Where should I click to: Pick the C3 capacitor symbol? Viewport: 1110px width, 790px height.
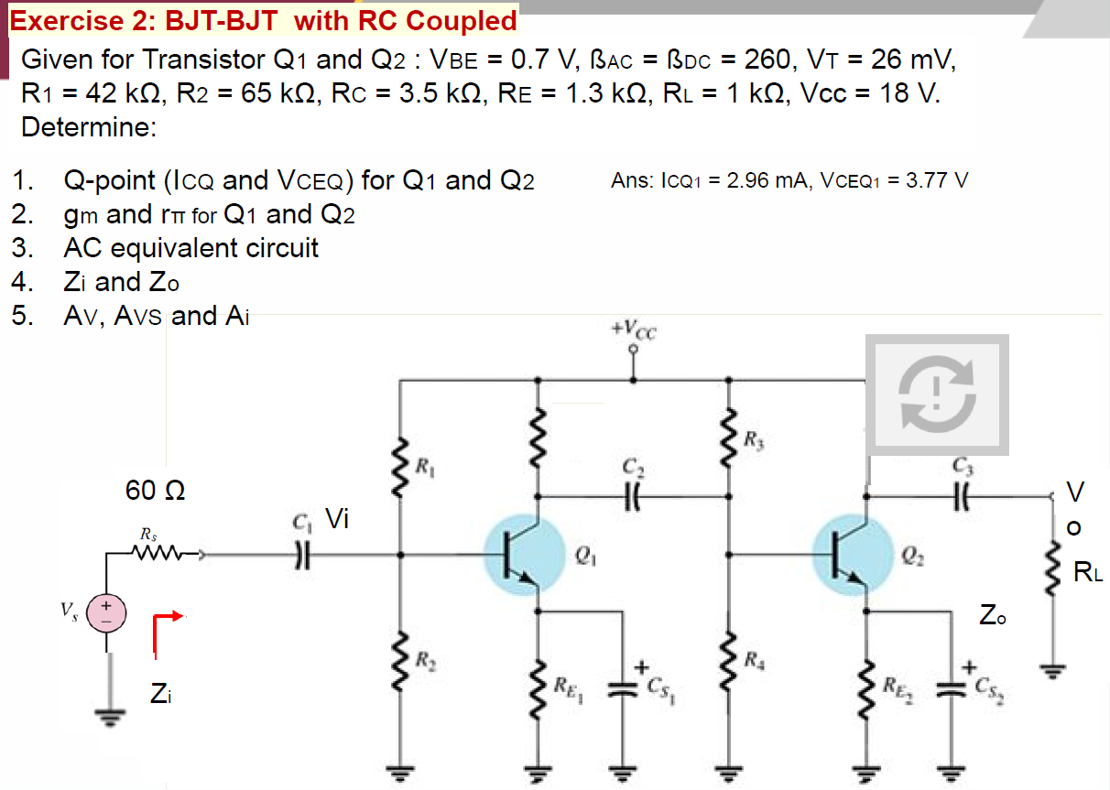pyautogui.click(x=960, y=496)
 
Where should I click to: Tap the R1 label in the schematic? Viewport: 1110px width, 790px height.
pyautogui.click(x=424, y=465)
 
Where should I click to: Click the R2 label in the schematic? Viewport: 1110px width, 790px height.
pyautogui.click(x=424, y=658)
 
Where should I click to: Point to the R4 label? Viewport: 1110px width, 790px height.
pyautogui.click(x=753, y=658)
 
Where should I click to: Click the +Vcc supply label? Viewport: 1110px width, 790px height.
pyautogui.click(x=633, y=330)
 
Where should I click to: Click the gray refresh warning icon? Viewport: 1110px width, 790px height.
pyautogui.click(x=937, y=395)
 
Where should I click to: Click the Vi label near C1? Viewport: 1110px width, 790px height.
pyautogui.click(x=337, y=520)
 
